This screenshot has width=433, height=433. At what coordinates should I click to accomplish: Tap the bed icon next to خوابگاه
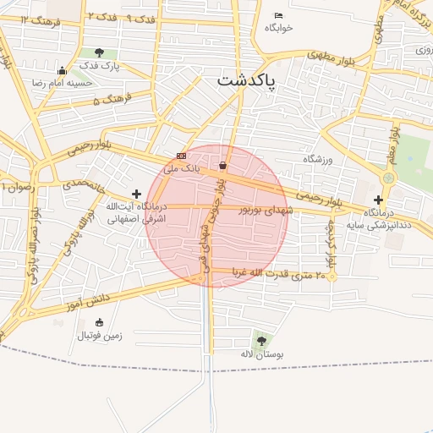278,15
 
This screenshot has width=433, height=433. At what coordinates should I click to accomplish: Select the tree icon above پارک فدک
100,53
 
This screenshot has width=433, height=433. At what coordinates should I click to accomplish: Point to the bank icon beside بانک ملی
181,156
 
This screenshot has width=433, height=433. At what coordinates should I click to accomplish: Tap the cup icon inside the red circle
222,165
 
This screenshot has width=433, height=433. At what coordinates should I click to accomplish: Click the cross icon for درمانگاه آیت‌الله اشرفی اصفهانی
136,195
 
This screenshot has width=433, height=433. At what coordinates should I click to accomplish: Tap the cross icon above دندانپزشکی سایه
378,200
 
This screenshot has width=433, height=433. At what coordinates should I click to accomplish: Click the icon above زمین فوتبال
100,322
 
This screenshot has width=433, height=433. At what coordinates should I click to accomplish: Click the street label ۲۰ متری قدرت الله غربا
275,275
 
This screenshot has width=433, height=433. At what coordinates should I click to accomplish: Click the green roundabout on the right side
388,178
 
